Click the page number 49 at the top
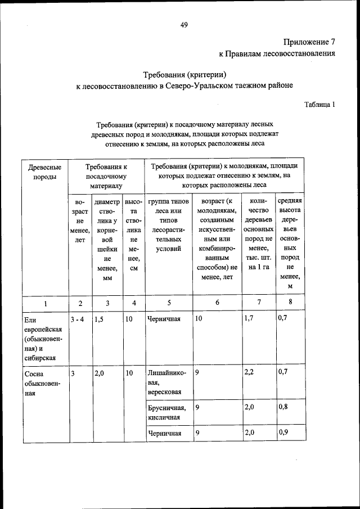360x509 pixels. pyautogui.click(x=184, y=24)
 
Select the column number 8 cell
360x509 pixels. pyautogui.click(x=290, y=303)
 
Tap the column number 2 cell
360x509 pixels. pyautogui.click(x=80, y=303)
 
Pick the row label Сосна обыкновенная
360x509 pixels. pyautogui.click(x=41, y=383)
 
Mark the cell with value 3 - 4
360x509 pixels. pyautogui.click(x=78, y=319)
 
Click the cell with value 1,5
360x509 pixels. pyautogui.click(x=99, y=319)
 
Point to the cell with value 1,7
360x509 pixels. pyautogui.click(x=250, y=319)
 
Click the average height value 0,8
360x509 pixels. pyautogui.click(x=283, y=407)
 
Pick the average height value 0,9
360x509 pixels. pyautogui.click(x=283, y=433)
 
